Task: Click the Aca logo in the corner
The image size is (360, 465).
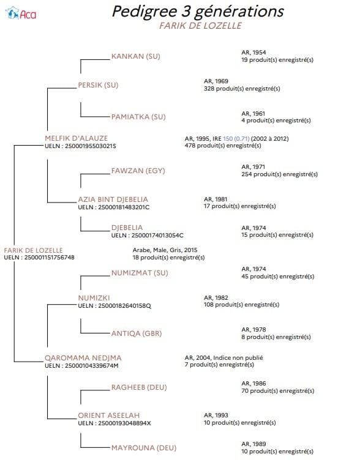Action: [21, 13]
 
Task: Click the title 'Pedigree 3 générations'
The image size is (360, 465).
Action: [198, 12]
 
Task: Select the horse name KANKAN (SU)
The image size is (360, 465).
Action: [136, 56]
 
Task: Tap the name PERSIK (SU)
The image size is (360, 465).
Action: [98, 85]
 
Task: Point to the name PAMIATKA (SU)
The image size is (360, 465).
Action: [138, 117]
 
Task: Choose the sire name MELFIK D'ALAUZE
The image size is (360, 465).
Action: [77, 138]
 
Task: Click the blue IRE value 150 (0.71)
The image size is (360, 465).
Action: [236, 138]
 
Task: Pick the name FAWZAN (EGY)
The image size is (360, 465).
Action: [138, 171]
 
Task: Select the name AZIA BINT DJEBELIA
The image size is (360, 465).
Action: [113, 199]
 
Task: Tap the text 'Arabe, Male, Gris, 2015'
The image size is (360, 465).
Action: [165, 250]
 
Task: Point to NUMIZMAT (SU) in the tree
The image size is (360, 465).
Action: [140, 273]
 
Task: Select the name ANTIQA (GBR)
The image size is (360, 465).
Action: [137, 333]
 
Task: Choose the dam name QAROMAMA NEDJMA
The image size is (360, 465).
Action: [83, 358]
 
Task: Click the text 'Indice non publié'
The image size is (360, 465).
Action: [238, 358]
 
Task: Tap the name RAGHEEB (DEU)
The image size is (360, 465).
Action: [139, 387]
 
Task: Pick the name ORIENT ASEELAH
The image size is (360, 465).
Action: [108, 415]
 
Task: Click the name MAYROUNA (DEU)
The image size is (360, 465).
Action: [144, 448]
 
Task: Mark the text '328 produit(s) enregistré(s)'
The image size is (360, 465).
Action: [242, 89]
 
